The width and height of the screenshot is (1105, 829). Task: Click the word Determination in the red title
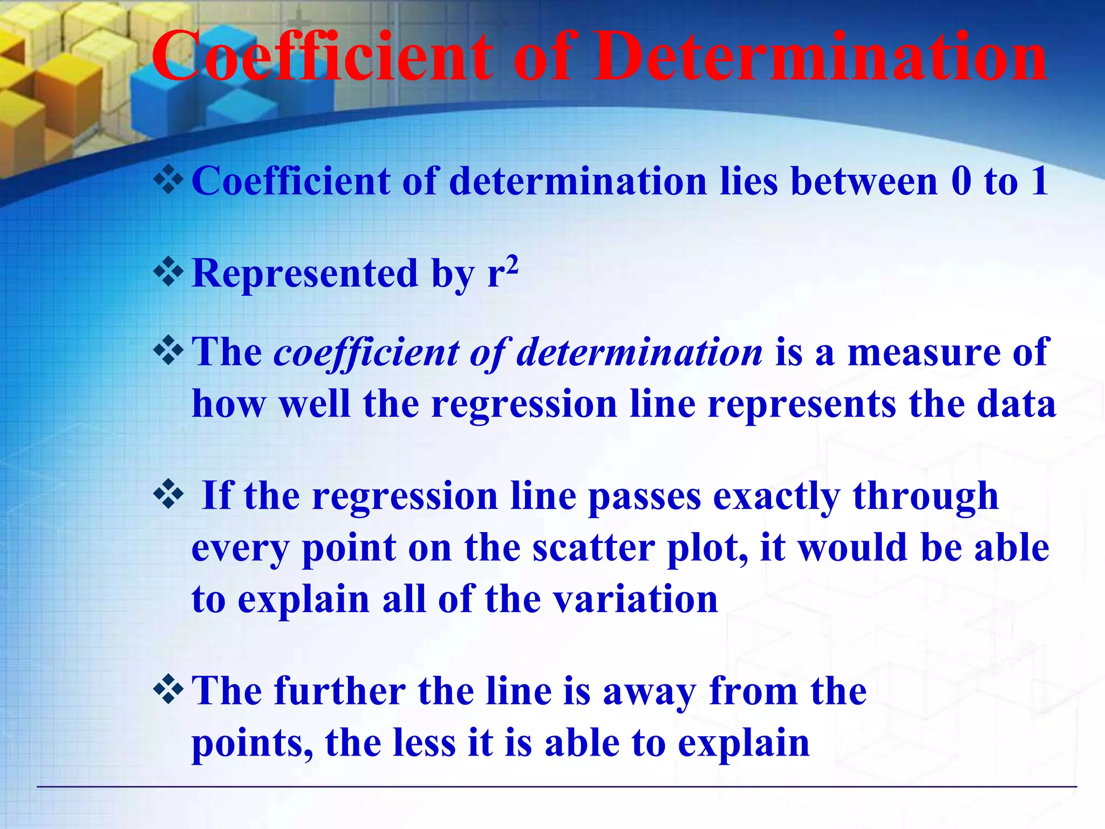coord(820,57)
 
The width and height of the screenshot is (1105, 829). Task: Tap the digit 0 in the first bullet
coord(961,181)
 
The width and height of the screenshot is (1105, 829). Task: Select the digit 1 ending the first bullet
coord(1039,181)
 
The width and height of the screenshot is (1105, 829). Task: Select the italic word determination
coord(640,352)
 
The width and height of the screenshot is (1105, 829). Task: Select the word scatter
coord(594,548)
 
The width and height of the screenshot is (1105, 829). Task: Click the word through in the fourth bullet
coord(925,497)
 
